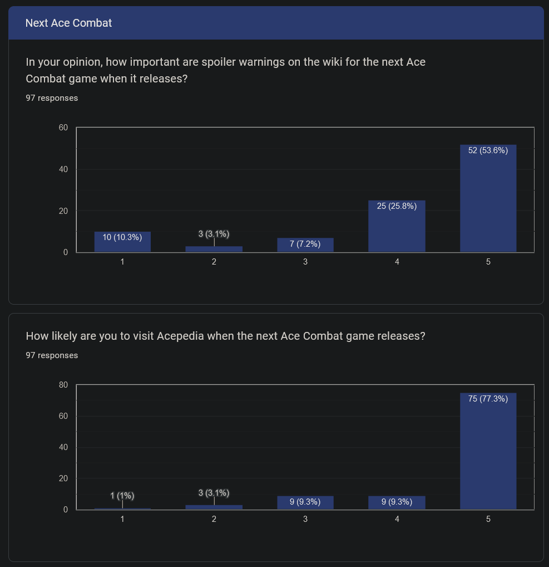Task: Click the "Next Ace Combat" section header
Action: pos(69,23)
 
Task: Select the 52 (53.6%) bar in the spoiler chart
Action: pos(488,198)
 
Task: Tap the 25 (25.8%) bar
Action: pos(397,226)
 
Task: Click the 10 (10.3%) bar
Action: pos(122,242)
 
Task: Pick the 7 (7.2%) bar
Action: pos(305,245)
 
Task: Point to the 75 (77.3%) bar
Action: pos(488,451)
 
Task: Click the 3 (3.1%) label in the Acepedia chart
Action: pos(214,493)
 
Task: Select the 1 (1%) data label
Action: pos(122,496)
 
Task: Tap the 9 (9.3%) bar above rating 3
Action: pos(305,502)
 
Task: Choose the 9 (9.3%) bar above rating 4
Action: pos(397,502)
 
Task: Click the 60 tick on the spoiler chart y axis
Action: pos(63,128)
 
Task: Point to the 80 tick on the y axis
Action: pos(63,385)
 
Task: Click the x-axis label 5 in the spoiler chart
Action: pos(488,261)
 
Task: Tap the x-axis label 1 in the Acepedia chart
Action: pos(122,519)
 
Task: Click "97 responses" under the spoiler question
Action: pos(52,98)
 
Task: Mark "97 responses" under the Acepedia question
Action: pos(52,355)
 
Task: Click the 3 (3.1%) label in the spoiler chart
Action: pos(214,234)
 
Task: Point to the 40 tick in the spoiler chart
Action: pos(63,169)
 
